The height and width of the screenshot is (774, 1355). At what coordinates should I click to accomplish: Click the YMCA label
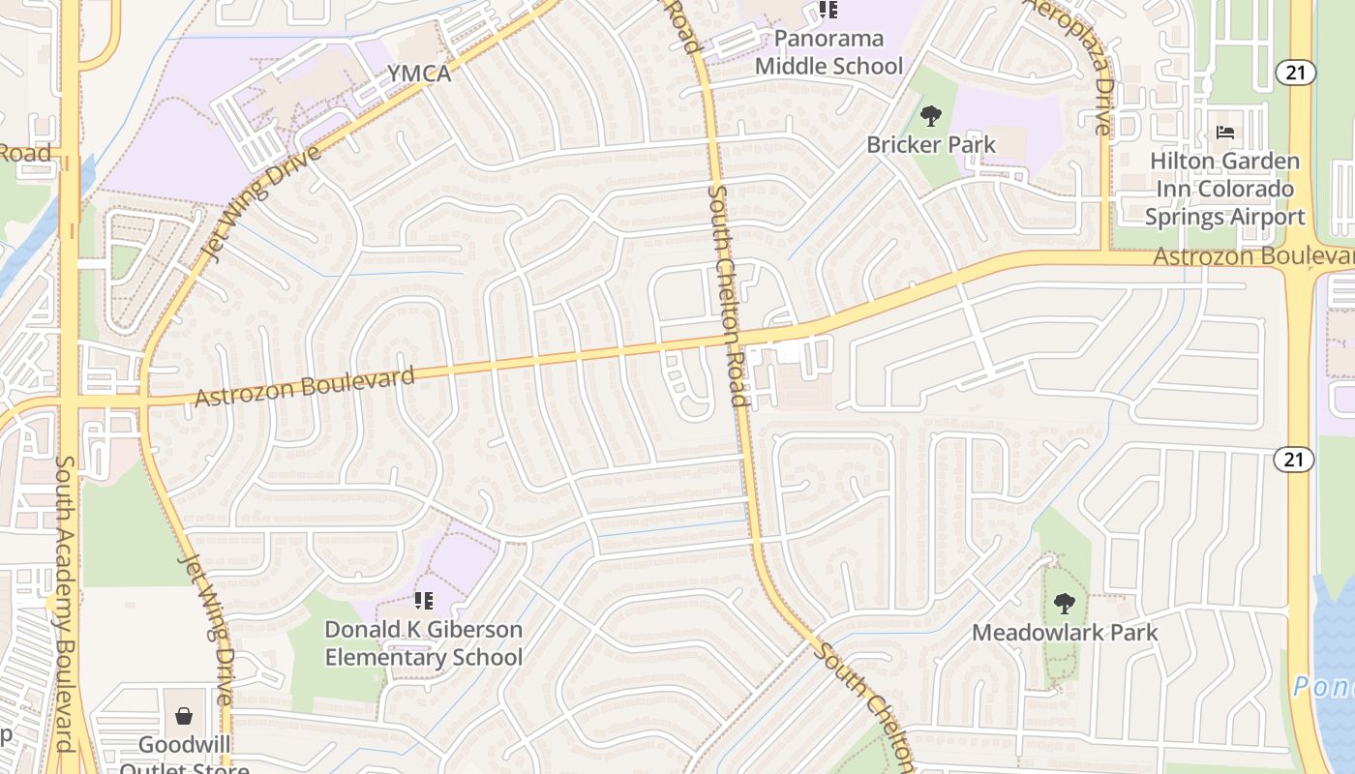pos(419,74)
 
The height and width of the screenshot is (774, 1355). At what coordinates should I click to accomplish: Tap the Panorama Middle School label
pos(828,52)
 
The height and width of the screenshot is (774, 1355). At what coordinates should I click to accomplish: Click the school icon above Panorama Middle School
pos(828,11)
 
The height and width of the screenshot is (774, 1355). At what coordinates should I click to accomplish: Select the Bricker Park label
pos(931,145)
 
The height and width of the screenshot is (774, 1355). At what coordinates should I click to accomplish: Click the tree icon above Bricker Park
pos(931,116)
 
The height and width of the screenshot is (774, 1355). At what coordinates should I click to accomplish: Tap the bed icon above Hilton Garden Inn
pos(1225,133)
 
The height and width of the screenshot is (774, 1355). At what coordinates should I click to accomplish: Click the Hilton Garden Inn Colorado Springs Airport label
pos(1225,189)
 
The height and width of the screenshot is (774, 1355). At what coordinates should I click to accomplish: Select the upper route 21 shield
pos(1293,72)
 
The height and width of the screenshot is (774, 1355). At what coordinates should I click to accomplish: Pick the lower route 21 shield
pos(1295,460)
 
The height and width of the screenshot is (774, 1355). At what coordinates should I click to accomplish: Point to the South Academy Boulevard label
pos(64,603)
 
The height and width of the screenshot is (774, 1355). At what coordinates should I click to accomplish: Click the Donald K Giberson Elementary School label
pos(423,643)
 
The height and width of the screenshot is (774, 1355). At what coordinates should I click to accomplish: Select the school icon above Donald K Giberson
pos(423,601)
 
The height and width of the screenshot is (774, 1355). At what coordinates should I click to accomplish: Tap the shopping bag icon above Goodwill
pos(184,717)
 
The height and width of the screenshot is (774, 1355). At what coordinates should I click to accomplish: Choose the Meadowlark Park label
pos(1065,633)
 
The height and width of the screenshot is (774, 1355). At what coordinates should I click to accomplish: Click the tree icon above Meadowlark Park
pos(1065,604)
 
